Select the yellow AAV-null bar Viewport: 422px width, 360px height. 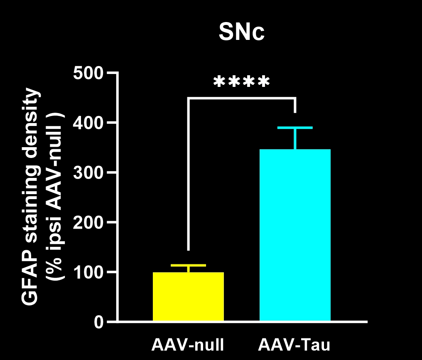point(188,296)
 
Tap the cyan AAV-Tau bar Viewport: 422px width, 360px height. point(295,235)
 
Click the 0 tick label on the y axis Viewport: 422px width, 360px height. point(98,322)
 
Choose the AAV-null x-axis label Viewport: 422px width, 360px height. point(188,345)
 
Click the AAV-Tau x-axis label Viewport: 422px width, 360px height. point(294,345)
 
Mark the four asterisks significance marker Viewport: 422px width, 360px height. point(241,81)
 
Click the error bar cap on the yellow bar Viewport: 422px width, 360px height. point(188,265)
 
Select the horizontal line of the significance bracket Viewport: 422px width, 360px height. point(241,99)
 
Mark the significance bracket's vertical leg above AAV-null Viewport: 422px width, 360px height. point(188,175)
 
